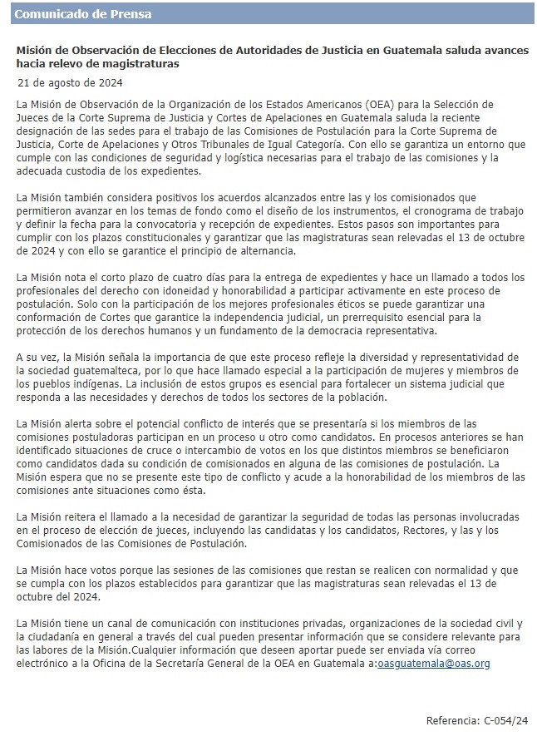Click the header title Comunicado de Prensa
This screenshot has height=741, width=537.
click(x=83, y=14)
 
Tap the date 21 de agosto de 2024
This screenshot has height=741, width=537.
click(x=70, y=82)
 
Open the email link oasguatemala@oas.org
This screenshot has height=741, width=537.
click(x=434, y=663)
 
